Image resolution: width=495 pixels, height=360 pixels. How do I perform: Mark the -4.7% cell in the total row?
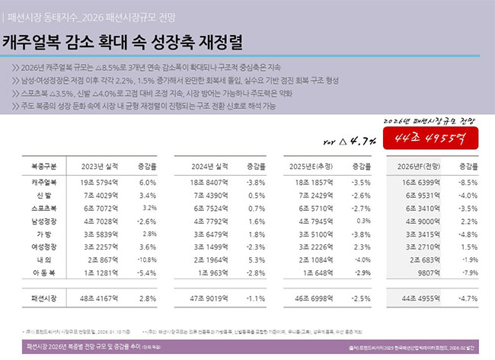pos(469,300)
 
